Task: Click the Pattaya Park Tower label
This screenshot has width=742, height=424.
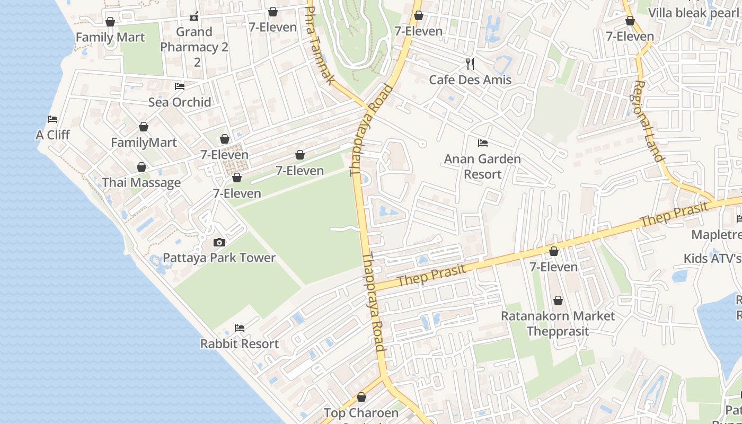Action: (x=219, y=258)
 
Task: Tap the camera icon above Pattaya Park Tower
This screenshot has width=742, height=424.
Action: (x=219, y=243)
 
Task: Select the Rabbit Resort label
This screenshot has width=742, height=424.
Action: (x=239, y=344)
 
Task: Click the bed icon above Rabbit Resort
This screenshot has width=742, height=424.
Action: (x=240, y=328)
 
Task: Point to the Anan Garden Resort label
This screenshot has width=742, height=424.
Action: (x=482, y=166)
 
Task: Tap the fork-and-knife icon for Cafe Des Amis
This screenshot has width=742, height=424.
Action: (x=470, y=64)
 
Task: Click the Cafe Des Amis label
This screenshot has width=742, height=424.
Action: (x=470, y=80)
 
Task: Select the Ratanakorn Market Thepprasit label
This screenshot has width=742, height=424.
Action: (x=558, y=323)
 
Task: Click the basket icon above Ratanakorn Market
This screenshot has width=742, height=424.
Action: (x=558, y=301)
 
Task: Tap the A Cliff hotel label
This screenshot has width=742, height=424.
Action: (x=52, y=135)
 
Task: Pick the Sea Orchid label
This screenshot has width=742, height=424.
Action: (x=180, y=102)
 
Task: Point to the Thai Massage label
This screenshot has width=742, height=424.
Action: (x=141, y=183)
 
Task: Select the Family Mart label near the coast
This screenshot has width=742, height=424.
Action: (x=110, y=38)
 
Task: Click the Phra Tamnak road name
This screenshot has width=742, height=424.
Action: (x=320, y=45)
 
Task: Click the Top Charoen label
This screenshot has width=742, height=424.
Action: (x=361, y=413)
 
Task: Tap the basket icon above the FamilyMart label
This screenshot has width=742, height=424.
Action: (x=143, y=127)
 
